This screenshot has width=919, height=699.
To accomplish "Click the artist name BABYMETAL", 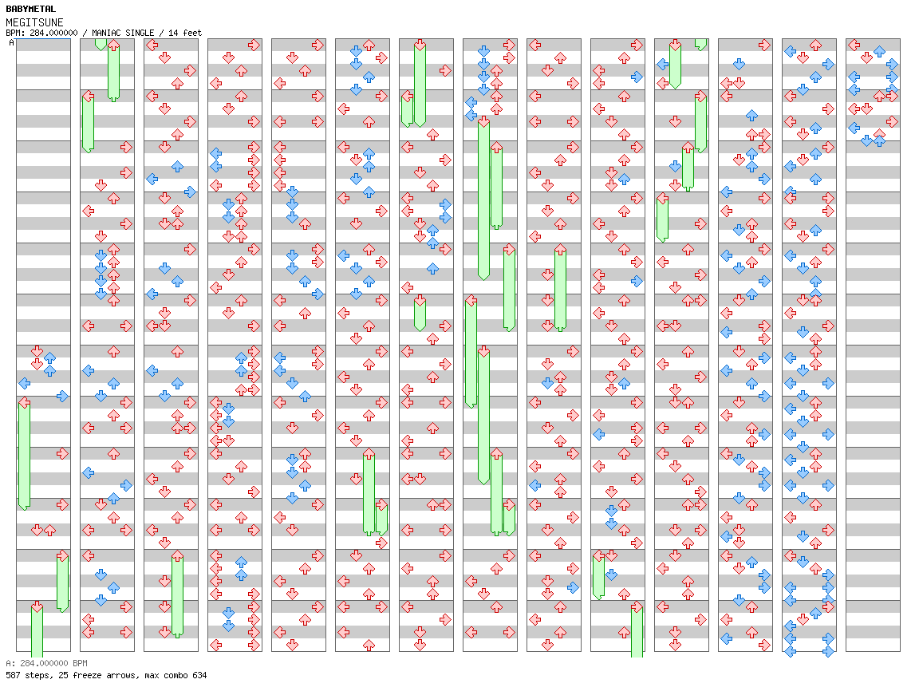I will click(30, 9).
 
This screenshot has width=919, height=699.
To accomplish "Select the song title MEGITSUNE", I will click(34, 22).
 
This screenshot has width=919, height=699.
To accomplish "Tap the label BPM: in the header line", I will click(14, 33).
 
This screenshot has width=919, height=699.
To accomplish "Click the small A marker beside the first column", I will click(11, 43).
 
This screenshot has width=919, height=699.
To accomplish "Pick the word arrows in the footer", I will click(113, 675).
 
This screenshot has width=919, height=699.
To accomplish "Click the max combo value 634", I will click(199, 675).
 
